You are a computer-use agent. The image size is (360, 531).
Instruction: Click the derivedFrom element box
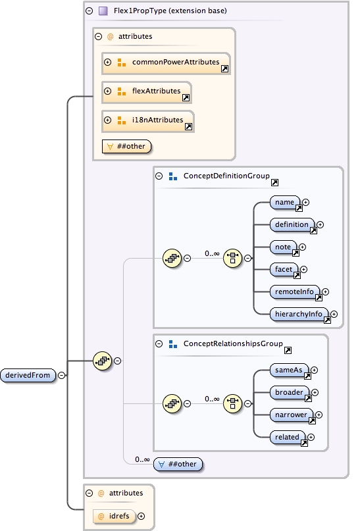click(x=28, y=375)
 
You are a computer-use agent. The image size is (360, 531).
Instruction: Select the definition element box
click(x=292, y=225)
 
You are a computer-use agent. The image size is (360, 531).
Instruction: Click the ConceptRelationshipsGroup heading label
click(x=232, y=344)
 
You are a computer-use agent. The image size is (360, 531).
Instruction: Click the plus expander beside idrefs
click(x=141, y=517)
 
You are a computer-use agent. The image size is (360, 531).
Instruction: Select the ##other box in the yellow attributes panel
click(x=128, y=146)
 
